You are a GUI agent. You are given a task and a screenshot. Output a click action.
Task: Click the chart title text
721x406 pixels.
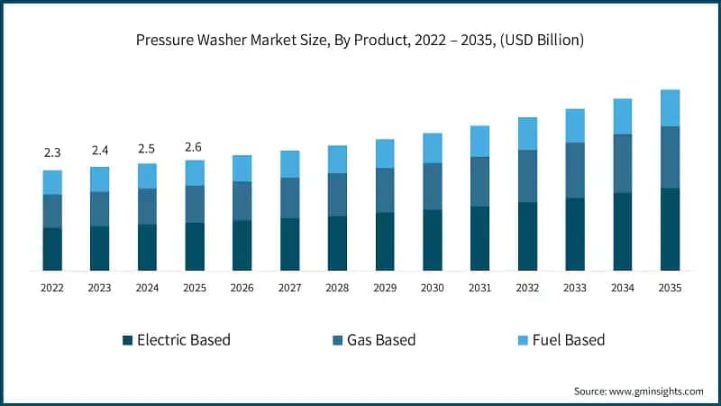360,40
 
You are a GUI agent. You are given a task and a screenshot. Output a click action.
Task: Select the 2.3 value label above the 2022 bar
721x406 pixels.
52,153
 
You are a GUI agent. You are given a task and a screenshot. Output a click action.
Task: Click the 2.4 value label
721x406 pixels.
100,151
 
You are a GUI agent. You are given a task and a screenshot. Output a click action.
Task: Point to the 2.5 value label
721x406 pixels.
147,148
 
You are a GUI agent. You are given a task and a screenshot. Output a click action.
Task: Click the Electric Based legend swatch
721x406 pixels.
128,340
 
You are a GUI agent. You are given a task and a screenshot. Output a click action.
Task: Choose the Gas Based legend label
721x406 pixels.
382,340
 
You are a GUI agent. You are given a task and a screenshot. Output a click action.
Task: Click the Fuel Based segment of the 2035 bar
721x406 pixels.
670,107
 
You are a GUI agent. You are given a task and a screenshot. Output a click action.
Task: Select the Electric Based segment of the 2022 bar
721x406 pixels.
52,249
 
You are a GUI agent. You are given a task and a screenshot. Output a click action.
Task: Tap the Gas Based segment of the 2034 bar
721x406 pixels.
622,163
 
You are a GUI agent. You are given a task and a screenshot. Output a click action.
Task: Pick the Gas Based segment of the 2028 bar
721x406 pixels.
337,195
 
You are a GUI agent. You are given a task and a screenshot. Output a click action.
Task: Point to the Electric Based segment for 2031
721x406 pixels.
479,238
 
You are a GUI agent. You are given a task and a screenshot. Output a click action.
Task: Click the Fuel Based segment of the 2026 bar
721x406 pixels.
242,168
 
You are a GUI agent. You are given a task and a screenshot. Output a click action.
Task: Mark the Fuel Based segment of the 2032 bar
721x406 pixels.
527,134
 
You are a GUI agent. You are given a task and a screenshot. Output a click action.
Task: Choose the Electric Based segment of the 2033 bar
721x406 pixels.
575,234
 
